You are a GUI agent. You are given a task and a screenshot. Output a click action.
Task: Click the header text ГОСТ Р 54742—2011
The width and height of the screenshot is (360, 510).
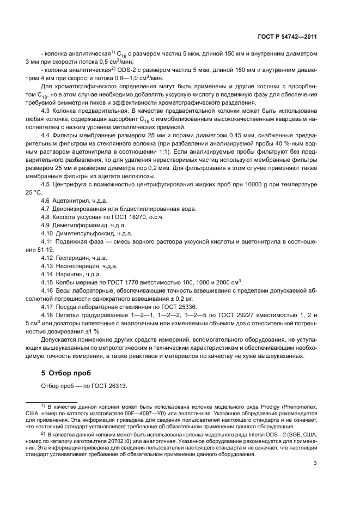(x=288, y=37)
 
